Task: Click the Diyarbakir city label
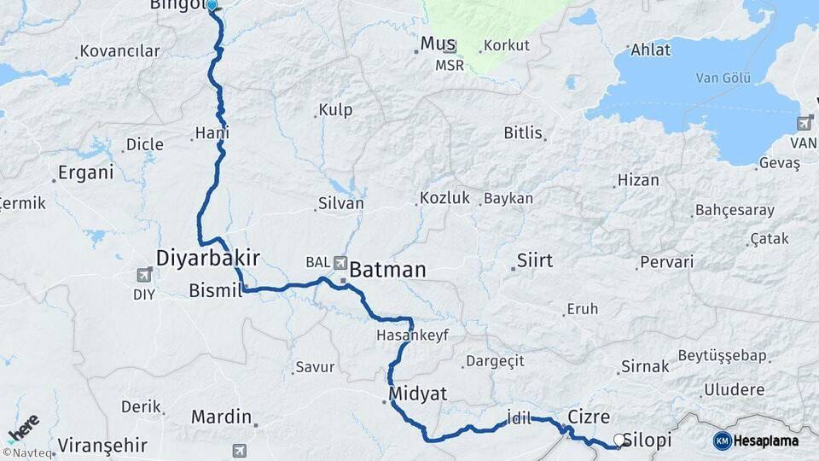tap(207, 257)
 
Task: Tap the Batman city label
tap(387, 270)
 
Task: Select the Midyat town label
tap(417, 393)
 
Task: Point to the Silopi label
tap(648, 441)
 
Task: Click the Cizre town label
tap(589, 417)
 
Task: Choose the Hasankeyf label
tap(412, 336)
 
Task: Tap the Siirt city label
tap(535, 260)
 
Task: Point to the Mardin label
tap(221, 417)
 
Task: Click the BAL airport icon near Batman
tap(341, 263)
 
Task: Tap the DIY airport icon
tap(145, 275)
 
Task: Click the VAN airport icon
tap(804, 124)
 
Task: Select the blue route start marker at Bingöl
tap(212, 5)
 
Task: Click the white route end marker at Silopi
tap(619, 441)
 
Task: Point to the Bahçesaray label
tap(735, 210)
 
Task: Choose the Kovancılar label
tap(119, 51)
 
